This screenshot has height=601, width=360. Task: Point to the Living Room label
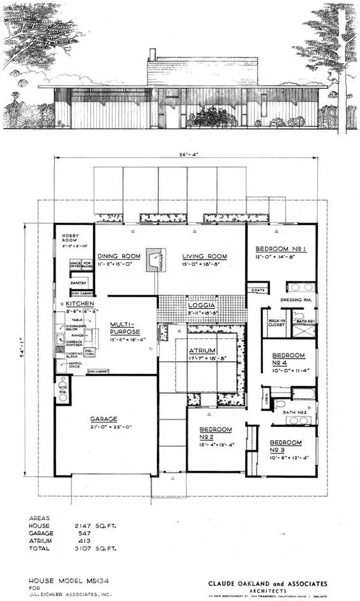[204, 256]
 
